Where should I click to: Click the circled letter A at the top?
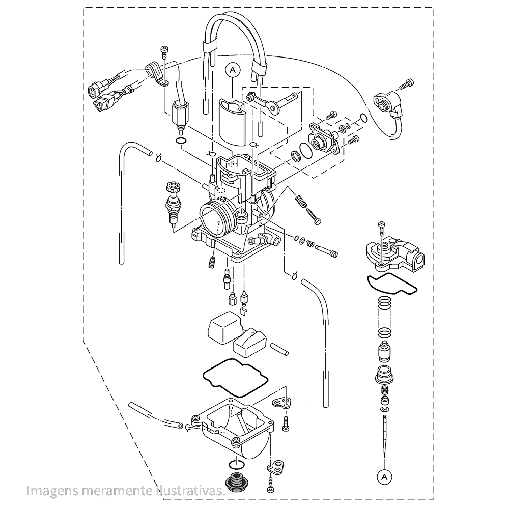pyautogui.click(x=233, y=70)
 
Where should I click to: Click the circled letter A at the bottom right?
pyautogui.click(x=384, y=477)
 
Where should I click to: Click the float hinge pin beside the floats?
pyautogui.click(x=279, y=349)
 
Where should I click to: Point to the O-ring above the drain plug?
pyautogui.click(x=237, y=464)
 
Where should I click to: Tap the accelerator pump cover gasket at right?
pyautogui.click(x=392, y=284)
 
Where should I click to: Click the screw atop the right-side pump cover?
pyautogui.click(x=381, y=229)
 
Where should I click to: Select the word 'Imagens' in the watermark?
pyautogui.click(x=52, y=491)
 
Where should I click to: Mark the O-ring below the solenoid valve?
pyautogui.click(x=181, y=141)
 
